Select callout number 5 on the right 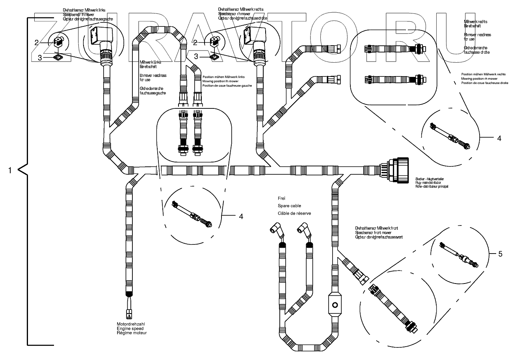pyautogui.click(x=500, y=254)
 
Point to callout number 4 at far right pyautogui.click(x=499, y=138)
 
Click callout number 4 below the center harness pyautogui.click(x=240, y=216)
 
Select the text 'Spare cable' pyautogui.click(x=290, y=206)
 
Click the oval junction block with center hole pyautogui.click(x=335, y=304)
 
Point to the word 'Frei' pyautogui.click(x=281, y=198)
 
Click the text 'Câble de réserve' pyautogui.click(x=294, y=213)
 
